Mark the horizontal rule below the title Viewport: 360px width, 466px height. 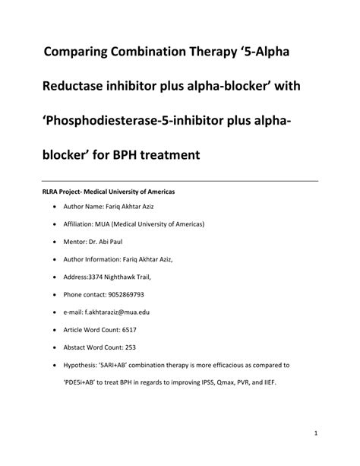(x=179, y=181)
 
